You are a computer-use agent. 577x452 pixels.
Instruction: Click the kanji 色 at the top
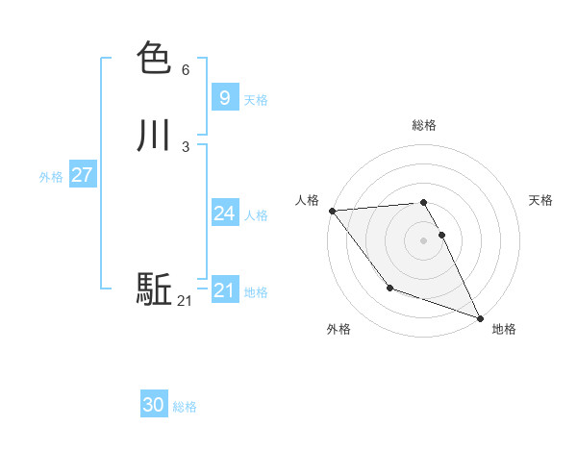point(154,59)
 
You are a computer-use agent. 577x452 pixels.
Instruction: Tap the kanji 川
point(154,136)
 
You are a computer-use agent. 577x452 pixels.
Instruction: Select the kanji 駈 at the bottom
point(154,289)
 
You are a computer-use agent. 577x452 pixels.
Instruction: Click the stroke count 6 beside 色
point(185,70)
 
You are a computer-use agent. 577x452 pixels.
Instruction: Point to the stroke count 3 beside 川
point(185,147)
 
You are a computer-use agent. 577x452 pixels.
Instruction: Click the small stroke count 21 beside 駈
point(185,301)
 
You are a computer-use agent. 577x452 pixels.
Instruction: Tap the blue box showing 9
point(224,97)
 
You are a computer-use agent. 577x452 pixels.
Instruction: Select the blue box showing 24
point(224,213)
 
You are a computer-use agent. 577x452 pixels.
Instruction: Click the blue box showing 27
point(82,175)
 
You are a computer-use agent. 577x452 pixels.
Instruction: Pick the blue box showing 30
point(154,405)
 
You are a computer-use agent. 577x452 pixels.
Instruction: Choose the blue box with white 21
point(224,290)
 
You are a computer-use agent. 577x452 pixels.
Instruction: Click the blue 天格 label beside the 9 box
point(256,100)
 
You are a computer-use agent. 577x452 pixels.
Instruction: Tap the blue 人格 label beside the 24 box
point(256,215)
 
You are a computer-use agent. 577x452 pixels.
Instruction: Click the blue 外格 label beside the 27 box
point(51,177)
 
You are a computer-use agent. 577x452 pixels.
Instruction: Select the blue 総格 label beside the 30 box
point(185,407)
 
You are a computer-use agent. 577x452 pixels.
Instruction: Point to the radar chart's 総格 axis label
point(424,125)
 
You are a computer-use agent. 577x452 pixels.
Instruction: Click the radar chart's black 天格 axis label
point(540,200)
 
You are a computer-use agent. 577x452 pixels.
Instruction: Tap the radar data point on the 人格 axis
point(332,211)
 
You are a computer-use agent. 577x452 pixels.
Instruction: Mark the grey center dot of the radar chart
point(424,240)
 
